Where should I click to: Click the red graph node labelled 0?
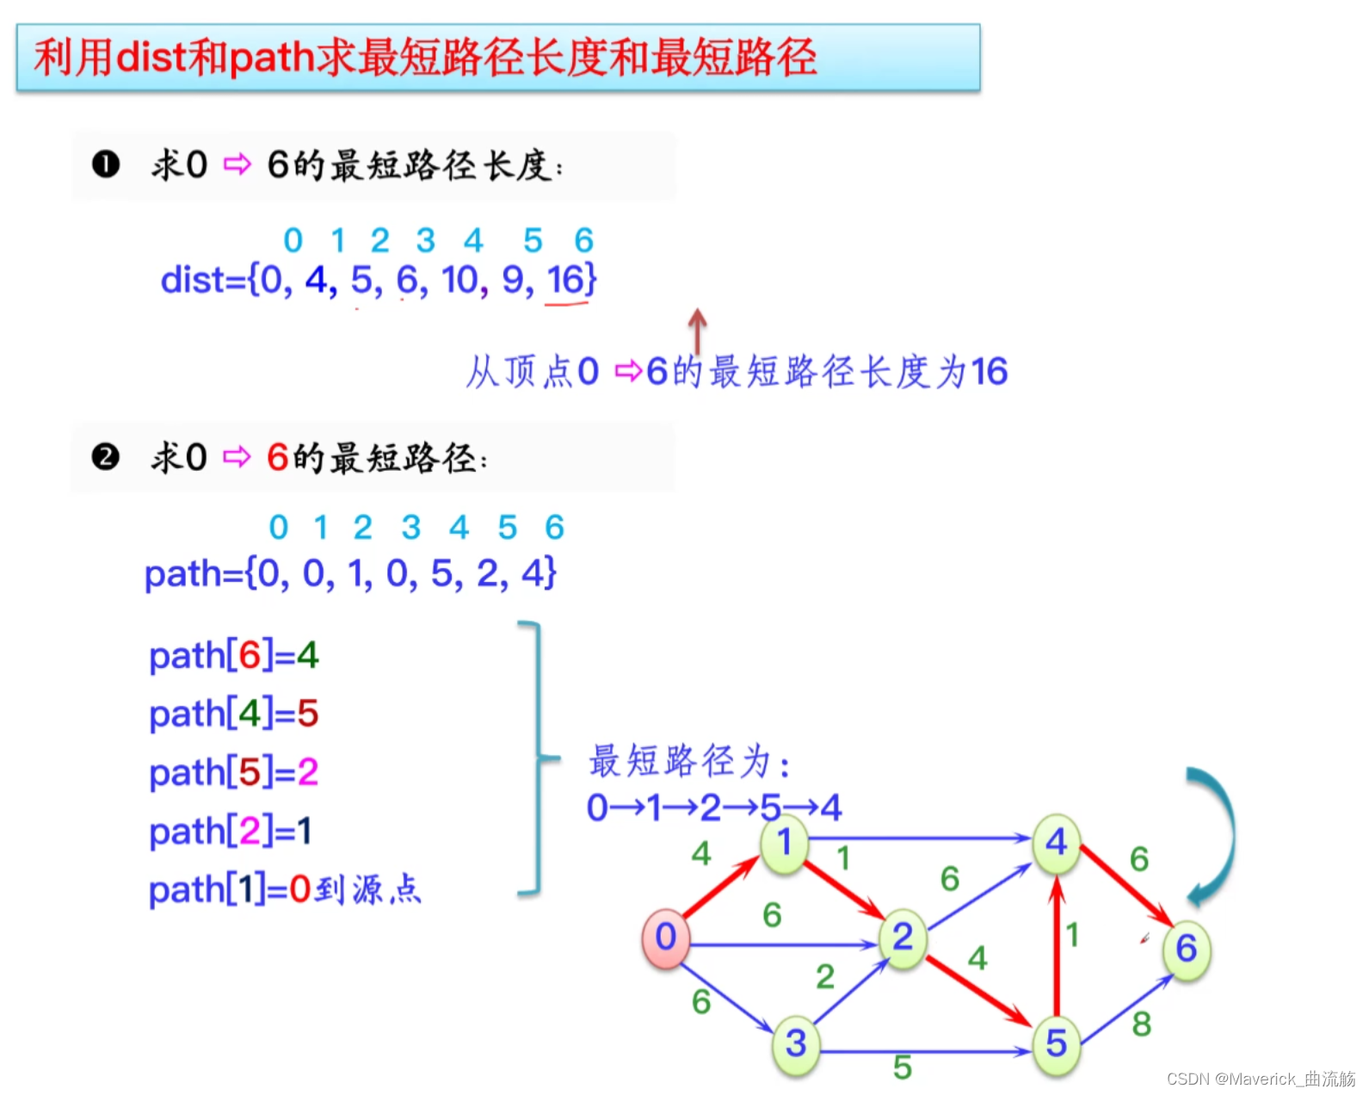(x=665, y=937)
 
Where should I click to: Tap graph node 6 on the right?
(x=1187, y=949)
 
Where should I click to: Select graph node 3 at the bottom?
(x=796, y=1044)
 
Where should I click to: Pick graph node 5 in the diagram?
(x=1056, y=1044)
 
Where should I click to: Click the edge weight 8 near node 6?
(x=1142, y=1024)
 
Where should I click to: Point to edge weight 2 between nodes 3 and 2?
(x=825, y=976)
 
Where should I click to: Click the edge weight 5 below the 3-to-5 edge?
(x=902, y=1067)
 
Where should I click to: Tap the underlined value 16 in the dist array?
(x=565, y=280)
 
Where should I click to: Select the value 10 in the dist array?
(x=459, y=280)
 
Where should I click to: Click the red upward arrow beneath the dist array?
(x=697, y=331)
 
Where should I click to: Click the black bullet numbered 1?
(x=106, y=164)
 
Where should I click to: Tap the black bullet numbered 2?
(x=106, y=456)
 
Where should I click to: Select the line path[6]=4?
(x=233, y=656)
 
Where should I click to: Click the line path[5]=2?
(x=233, y=772)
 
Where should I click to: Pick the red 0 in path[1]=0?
(x=299, y=888)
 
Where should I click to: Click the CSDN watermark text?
(x=1260, y=1079)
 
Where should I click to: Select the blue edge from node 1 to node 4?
(x=921, y=838)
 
